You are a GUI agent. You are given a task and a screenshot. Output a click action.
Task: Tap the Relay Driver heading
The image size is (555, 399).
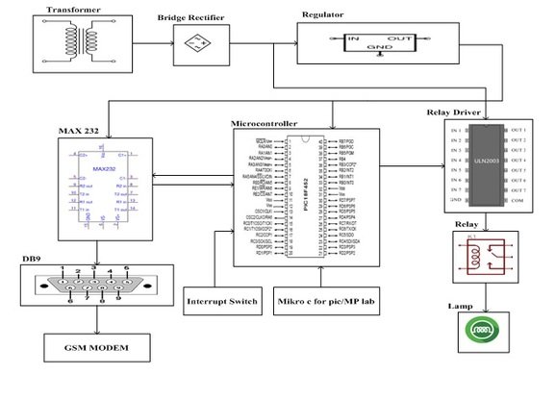459,112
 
